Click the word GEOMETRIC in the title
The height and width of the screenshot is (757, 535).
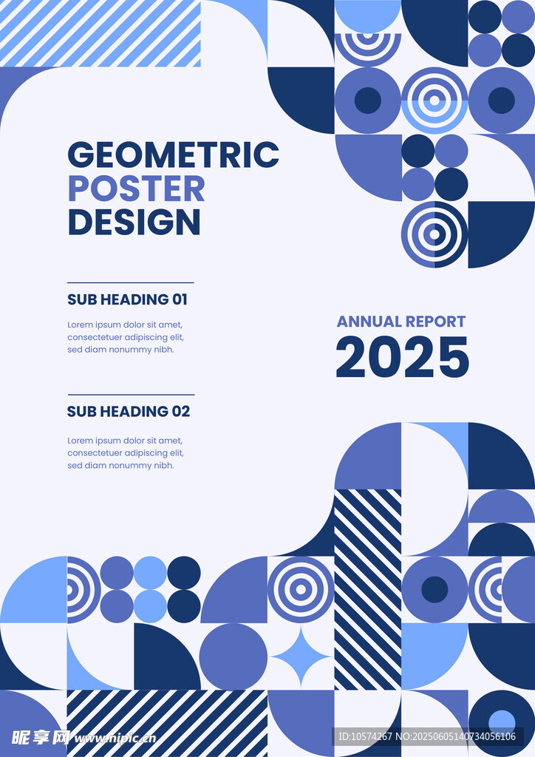coord(174,155)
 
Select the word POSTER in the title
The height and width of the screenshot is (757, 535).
coord(137,189)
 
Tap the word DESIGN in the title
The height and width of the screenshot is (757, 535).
coord(134,222)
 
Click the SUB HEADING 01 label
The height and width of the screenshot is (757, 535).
coord(127,299)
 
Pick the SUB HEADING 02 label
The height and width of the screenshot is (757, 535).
coord(129,411)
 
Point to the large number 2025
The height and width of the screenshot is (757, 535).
coord(402,357)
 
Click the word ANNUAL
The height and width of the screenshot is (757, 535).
coord(369,322)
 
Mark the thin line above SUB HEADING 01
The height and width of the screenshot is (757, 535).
coord(131,282)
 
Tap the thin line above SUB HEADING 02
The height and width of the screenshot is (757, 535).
coord(131,395)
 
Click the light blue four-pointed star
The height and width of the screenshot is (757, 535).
coord(301,656)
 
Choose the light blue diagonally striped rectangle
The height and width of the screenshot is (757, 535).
coord(100,33)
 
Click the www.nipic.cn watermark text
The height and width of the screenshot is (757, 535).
coord(115,739)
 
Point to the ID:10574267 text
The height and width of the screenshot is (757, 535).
coord(365,737)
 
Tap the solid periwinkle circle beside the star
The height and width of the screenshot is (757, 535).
coord(234,656)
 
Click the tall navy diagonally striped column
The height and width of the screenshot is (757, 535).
coord(367,589)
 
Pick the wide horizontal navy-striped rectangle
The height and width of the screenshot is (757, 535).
coord(167,723)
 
